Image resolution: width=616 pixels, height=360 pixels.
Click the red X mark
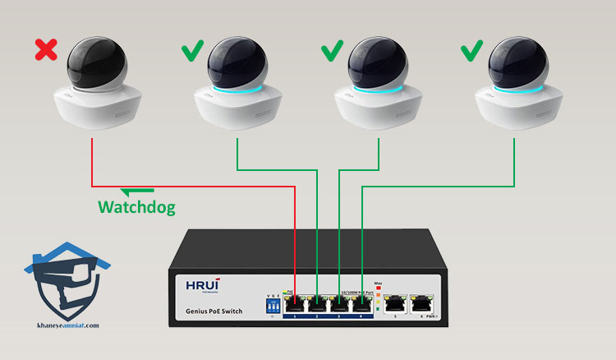point(47,52)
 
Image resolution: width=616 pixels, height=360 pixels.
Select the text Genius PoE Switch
point(211,313)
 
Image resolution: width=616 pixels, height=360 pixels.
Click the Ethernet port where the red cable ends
point(296,303)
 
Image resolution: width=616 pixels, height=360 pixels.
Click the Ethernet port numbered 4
point(361,303)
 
